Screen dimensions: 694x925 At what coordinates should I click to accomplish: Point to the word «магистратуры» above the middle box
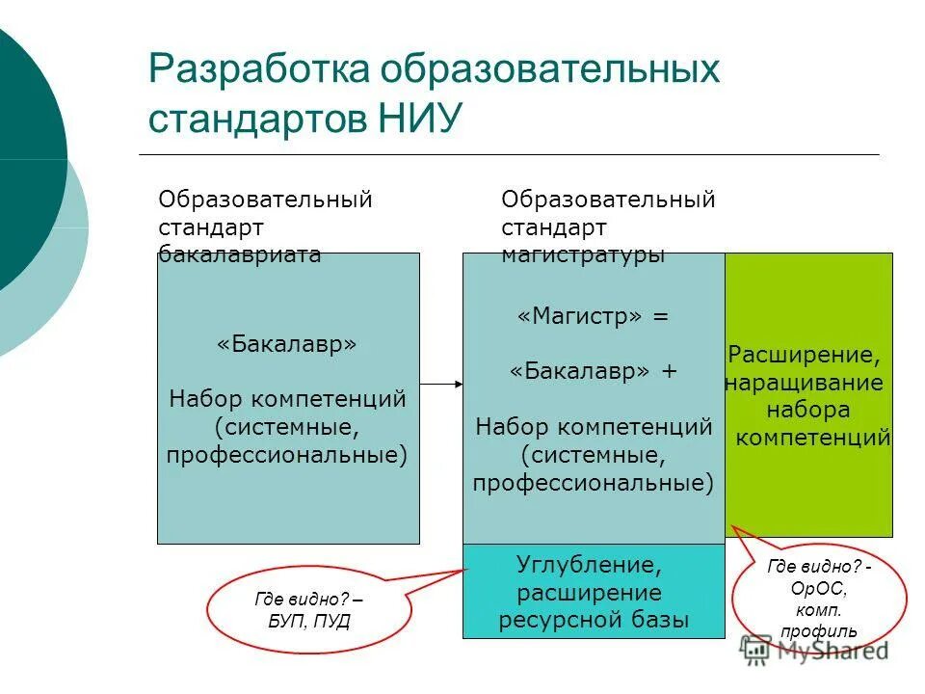coord(582,254)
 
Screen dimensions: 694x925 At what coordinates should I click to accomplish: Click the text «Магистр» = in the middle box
coord(593,317)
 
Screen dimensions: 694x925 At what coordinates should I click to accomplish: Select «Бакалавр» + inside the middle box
coord(593,372)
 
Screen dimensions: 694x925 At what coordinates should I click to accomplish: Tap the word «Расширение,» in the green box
coord(804,355)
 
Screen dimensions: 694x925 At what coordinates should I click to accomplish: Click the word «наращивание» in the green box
coord(805,383)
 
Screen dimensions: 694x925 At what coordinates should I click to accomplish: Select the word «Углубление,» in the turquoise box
coord(590,563)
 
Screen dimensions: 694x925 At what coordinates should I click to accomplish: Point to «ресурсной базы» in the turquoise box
coord(594,620)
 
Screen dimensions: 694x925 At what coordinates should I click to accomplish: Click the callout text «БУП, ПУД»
coord(309,620)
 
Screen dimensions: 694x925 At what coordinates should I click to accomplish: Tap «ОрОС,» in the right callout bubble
coord(820,590)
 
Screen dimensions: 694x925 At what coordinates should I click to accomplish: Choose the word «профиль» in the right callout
coord(819,632)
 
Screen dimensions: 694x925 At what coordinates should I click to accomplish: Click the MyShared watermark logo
coord(814,651)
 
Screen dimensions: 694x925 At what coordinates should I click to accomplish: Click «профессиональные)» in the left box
coord(287,454)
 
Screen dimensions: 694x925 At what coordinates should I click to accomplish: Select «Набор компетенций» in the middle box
coord(594,427)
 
